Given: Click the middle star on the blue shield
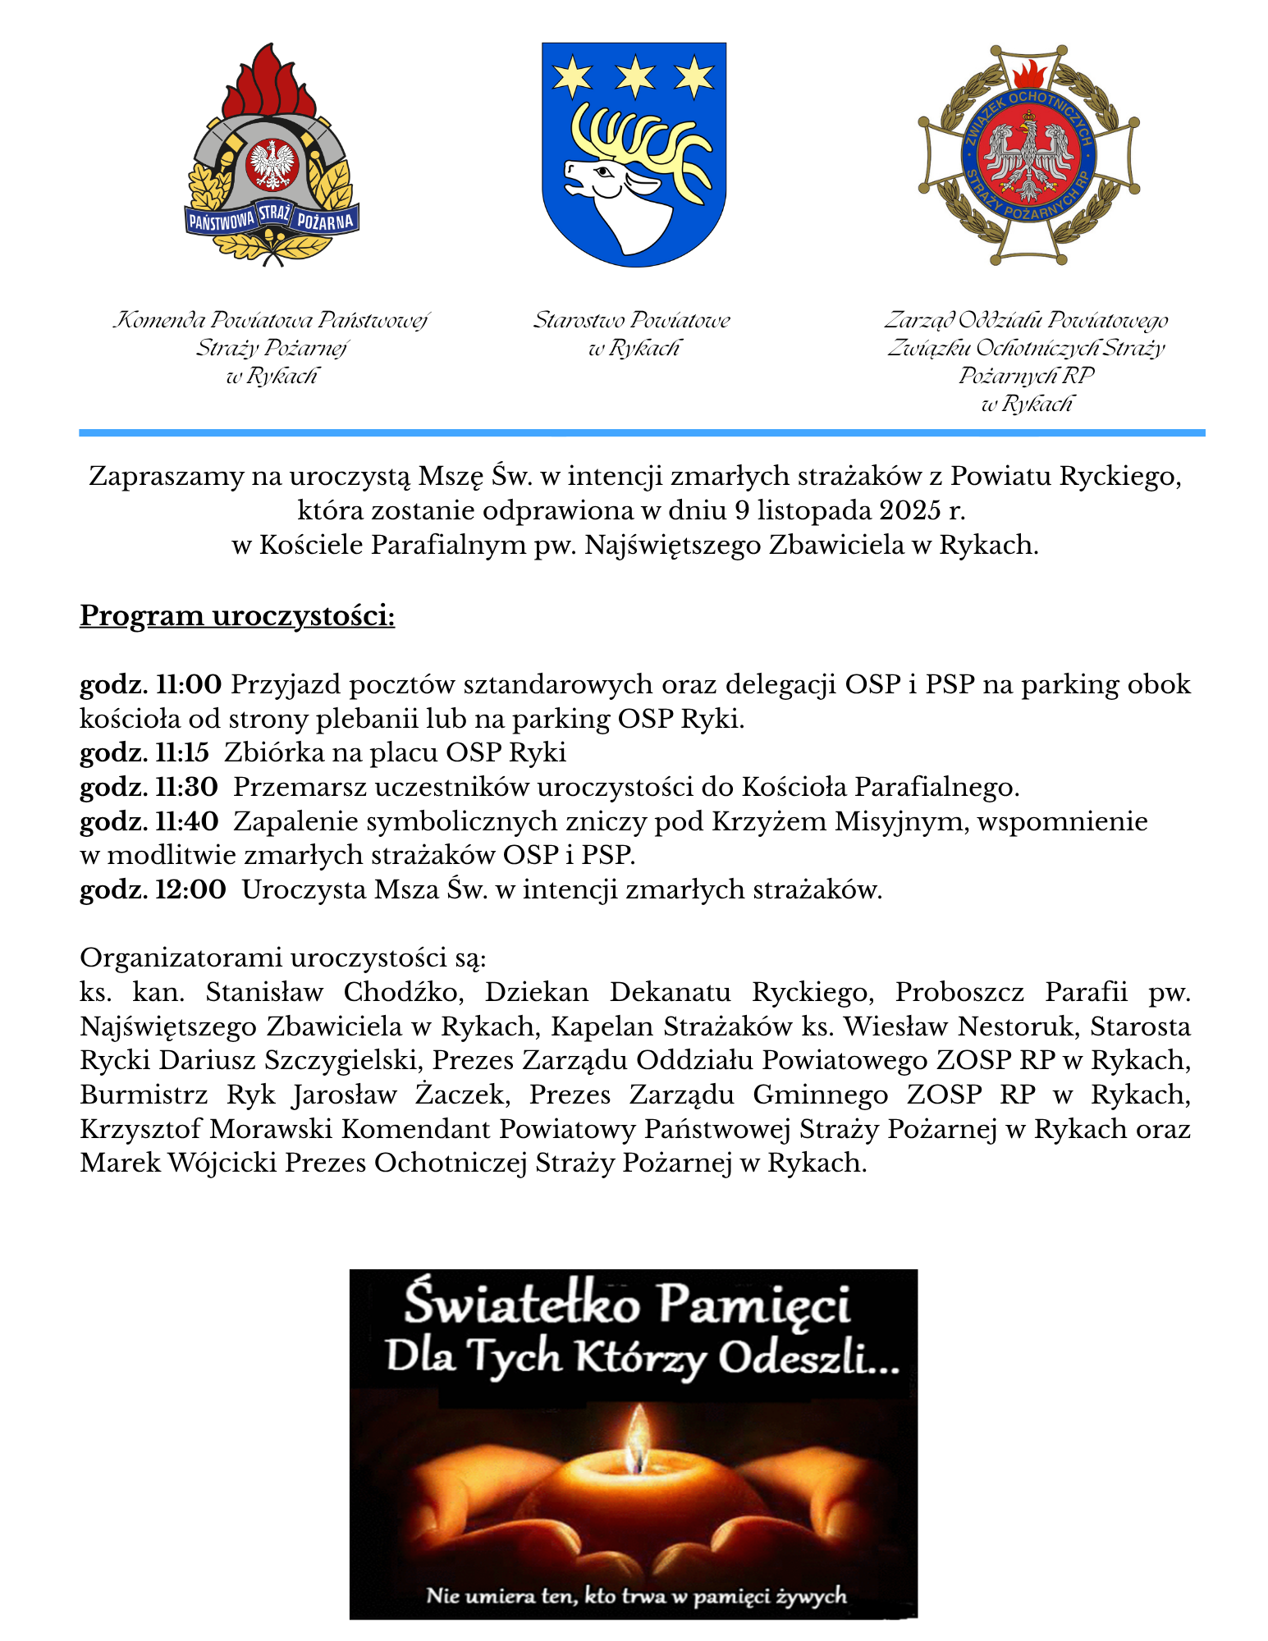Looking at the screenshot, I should pyautogui.click(x=635, y=77).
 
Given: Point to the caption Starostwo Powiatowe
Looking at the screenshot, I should pyautogui.click(x=631, y=320).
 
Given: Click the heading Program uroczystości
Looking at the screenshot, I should pyautogui.click(x=237, y=615).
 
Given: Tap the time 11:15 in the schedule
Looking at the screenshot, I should pyautogui.click(x=182, y=752).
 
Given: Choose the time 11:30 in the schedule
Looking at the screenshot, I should pyautogui.click(x=186, y=787).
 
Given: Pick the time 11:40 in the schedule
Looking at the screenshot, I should pyautogui.click(x=187, y=821).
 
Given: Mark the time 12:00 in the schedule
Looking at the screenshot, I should pyautogui.click(x=190, y=889).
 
